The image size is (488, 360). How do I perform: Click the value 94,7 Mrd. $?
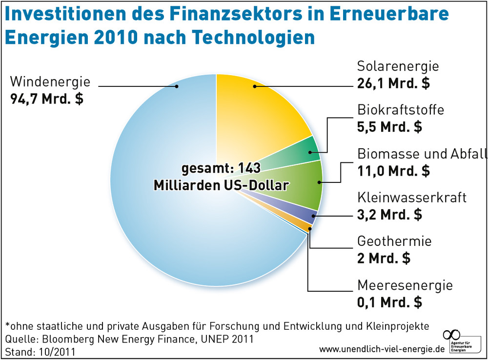(46, 99)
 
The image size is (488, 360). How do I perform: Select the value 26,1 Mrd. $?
(393, 83)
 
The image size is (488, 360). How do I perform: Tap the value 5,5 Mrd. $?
(389, 127)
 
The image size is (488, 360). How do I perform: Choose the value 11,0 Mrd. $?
(393, 171)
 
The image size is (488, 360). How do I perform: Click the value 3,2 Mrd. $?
(389, 215)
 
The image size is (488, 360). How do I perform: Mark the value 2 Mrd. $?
(384, 258)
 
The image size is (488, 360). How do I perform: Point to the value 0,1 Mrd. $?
(389, 302)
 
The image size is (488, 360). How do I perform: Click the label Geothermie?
(394, 241)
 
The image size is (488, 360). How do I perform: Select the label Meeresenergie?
(405, 285)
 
